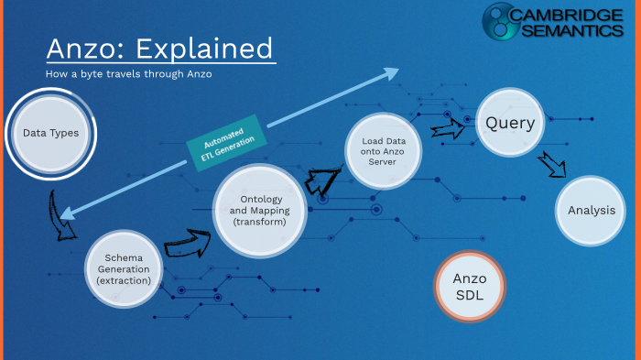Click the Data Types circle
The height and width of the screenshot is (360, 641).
tap(50, 134)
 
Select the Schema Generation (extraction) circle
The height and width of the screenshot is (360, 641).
tap(129, 267)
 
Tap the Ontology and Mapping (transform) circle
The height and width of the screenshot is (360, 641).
tap(260, 211)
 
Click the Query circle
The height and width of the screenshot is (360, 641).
tap(510, 123)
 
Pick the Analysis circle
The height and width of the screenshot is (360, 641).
tap(591, 211)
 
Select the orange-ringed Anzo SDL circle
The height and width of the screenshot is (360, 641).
tap(470, 287)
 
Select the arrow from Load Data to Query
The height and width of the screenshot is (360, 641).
tap(449, 128)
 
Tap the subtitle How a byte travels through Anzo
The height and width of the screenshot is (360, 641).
tap(128, 73)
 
